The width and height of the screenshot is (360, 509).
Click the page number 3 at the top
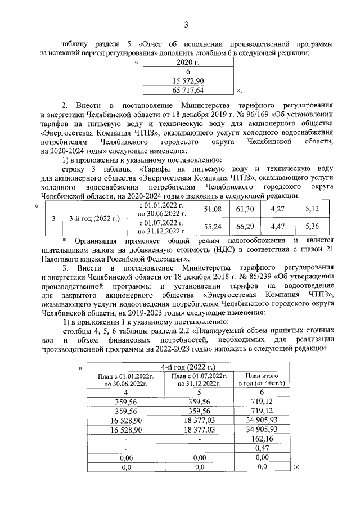(x=186, y=24)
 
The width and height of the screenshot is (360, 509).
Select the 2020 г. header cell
(x=188, y=63)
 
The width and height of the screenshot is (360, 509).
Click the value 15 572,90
(x=188, y=80)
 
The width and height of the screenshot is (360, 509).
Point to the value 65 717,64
(x=188, y=89)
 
